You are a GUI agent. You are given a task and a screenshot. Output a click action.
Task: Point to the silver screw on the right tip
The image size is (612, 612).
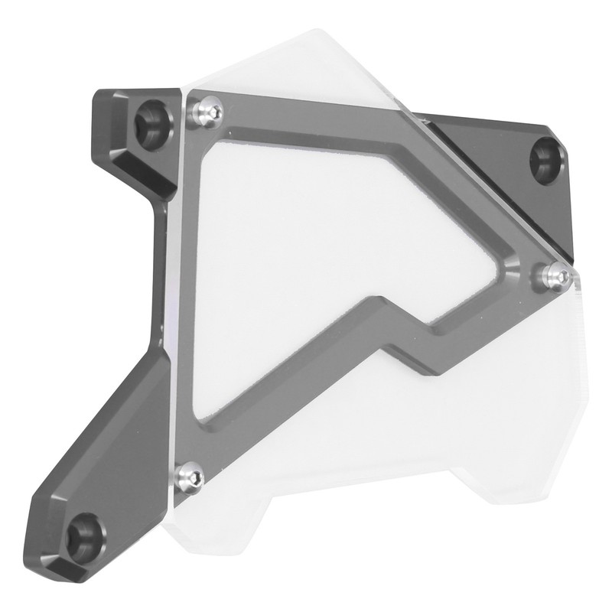(556, 274)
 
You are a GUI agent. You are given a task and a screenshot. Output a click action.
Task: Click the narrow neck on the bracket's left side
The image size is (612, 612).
(158, 268)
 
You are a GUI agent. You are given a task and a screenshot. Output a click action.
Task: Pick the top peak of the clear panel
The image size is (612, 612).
(321, 34)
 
